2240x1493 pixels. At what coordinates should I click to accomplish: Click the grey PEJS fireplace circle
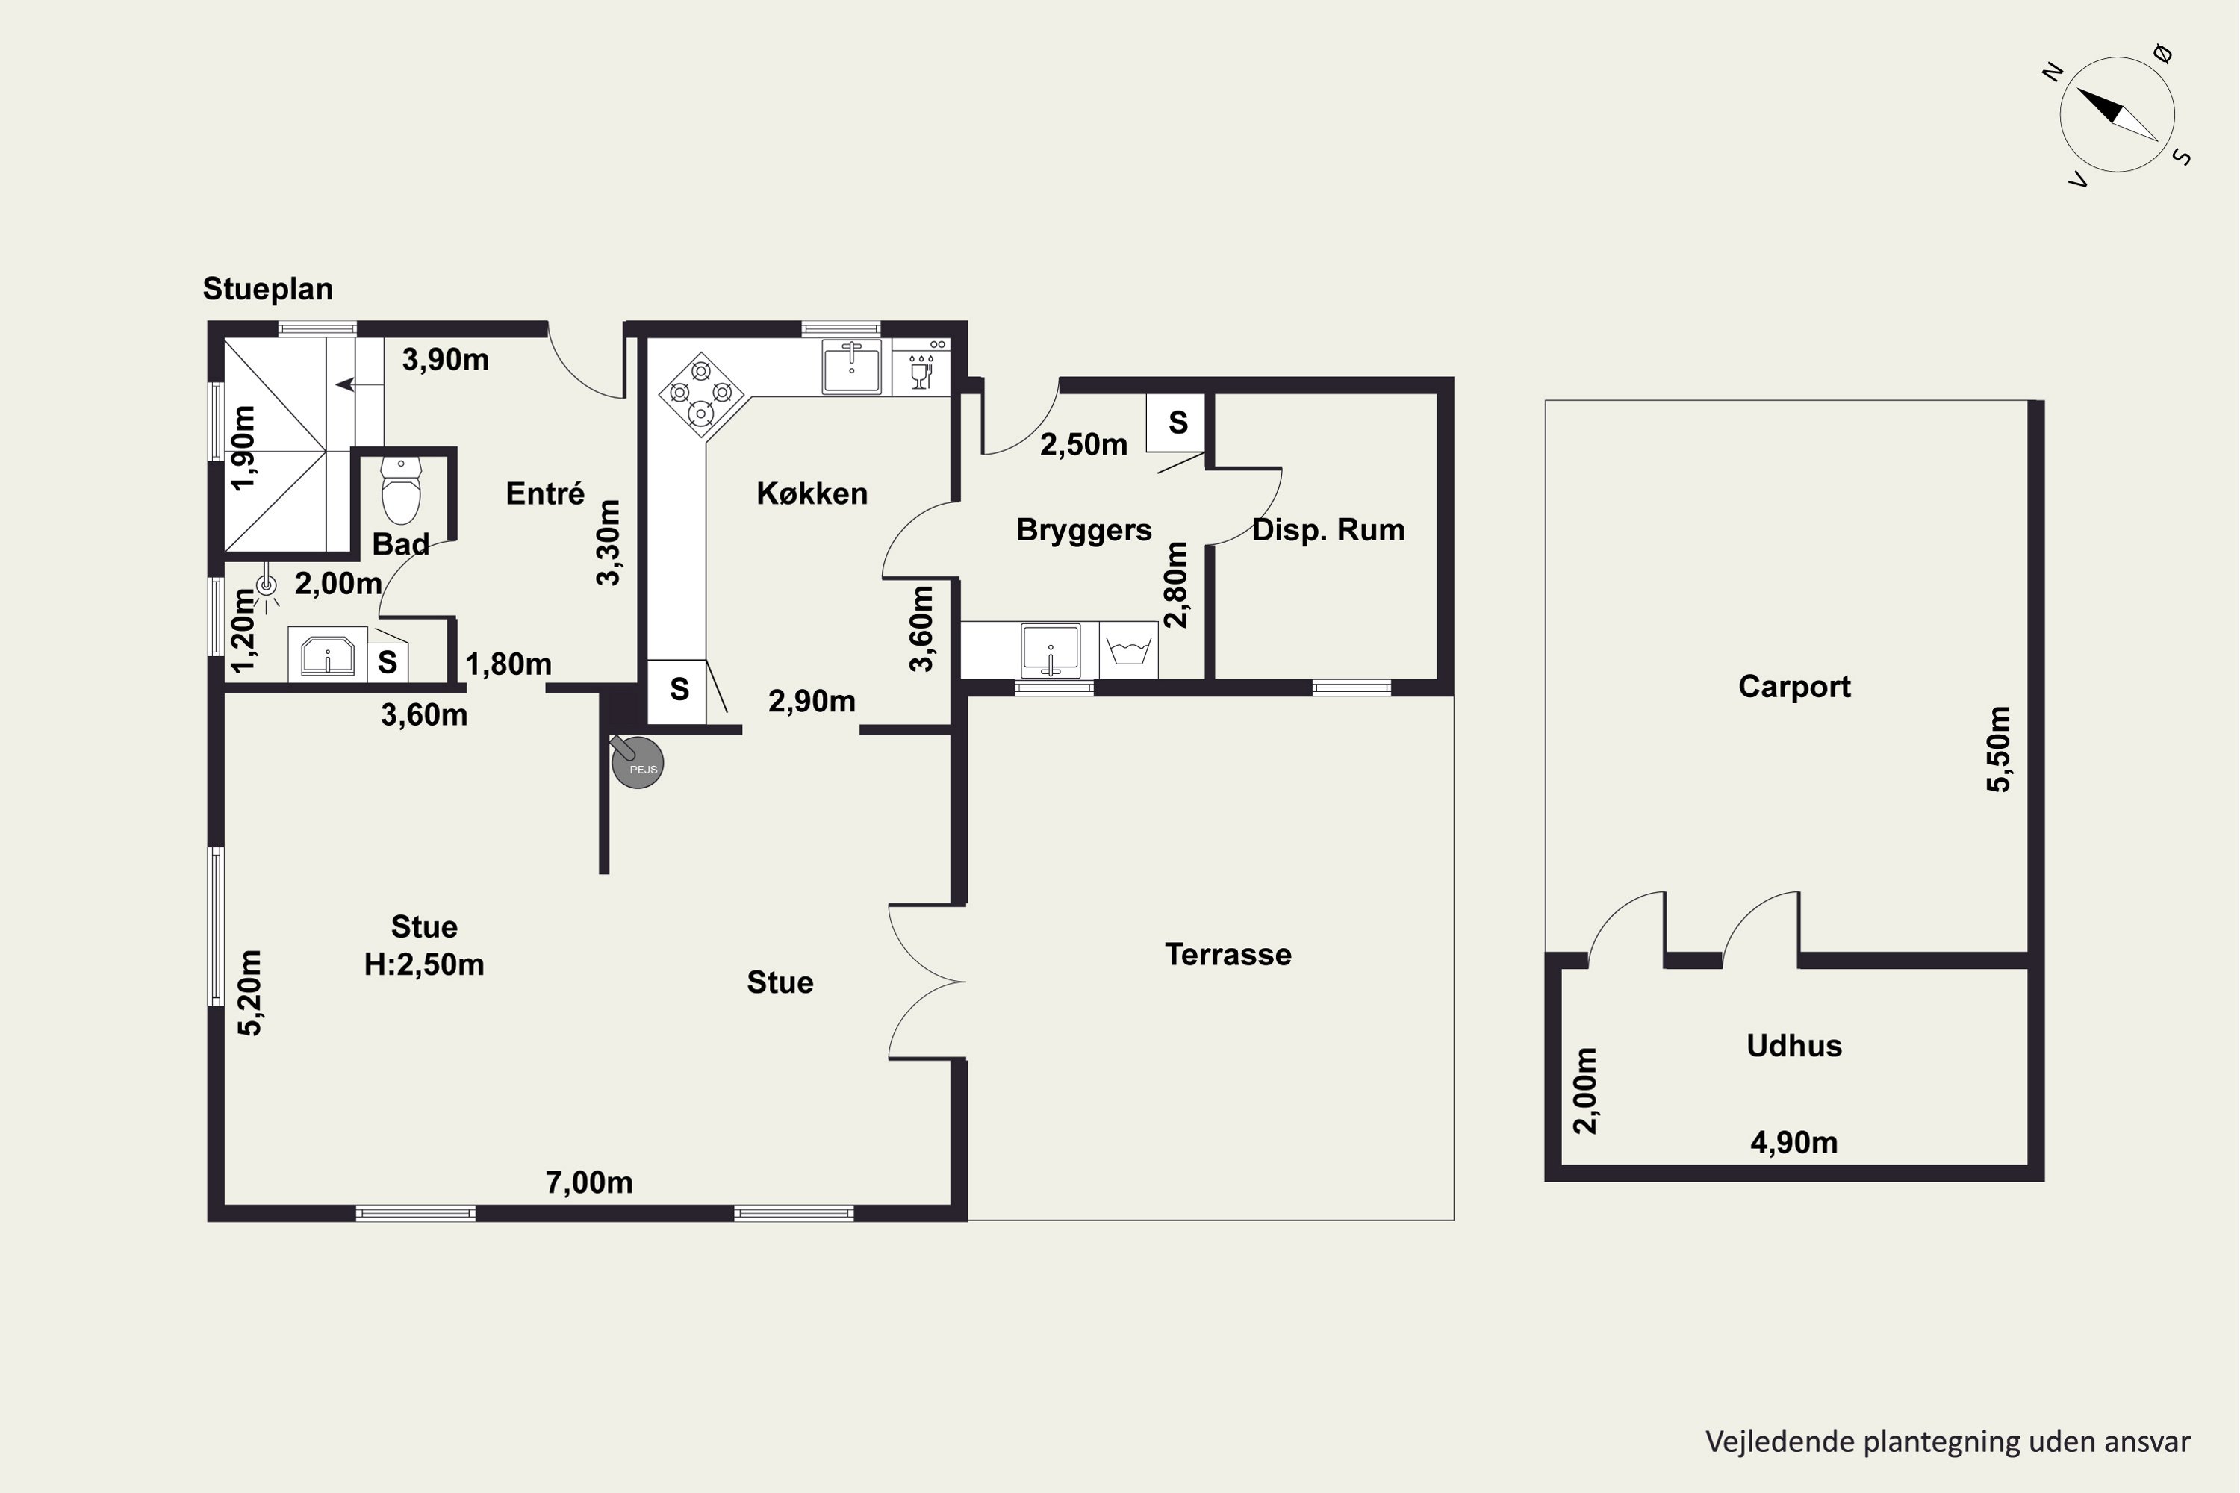pos(637,763)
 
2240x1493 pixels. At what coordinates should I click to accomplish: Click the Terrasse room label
pos(1228,954)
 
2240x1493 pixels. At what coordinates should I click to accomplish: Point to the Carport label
pos(1794,687)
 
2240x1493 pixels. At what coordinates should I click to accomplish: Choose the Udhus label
pos(1794,1046)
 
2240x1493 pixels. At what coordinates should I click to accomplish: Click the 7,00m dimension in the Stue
pos(588,1182)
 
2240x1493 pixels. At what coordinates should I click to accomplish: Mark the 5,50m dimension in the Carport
pos(1998,749)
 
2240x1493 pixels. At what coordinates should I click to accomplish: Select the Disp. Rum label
pos(1328,529)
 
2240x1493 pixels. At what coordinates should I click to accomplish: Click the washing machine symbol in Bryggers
pos(1128,650)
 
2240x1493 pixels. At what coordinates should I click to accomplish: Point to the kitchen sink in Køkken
pos(851,366)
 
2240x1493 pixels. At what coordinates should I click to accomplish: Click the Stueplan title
pos(267,288)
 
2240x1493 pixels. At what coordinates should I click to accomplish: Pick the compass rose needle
pos(2117,115)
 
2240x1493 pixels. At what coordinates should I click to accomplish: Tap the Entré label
pos(545,493)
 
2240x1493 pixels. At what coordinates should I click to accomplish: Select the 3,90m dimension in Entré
pos(445,360)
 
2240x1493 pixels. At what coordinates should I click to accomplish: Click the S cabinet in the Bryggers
pos(1177,423)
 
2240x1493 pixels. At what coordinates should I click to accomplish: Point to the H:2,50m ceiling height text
pos(424,964)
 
